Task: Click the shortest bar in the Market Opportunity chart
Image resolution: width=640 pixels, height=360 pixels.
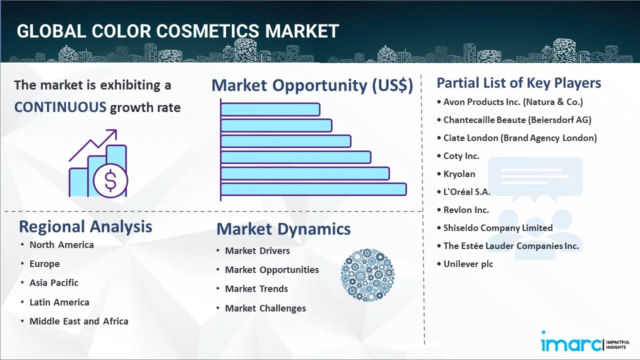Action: [270, 109]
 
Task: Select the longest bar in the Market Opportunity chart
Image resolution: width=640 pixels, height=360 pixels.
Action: [313, 189]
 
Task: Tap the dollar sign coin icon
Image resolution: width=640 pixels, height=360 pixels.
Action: [110, 180]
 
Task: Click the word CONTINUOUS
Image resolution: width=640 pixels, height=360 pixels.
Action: [60, 107]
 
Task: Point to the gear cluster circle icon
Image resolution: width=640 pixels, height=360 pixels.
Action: [367, 275]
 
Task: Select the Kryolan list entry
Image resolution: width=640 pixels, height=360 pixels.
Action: [459, 173]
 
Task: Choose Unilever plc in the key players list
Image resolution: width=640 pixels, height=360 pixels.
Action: [468, 263]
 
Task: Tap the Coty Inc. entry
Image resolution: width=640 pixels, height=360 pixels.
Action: [461, 156]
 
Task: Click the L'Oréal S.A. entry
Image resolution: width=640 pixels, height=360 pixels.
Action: [466, 191]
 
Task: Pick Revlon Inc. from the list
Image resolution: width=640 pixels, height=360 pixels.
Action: [466, 210]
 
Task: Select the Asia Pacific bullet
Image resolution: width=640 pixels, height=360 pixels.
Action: [54, 283]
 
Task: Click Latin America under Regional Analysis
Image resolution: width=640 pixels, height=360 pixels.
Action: [59, 302]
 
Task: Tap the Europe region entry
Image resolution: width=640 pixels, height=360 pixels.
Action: [44, 263]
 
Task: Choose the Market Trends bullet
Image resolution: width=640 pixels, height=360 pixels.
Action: [256, 289]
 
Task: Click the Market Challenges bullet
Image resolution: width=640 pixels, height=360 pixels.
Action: [265, 308]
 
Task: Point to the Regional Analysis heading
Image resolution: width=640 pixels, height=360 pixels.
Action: [85, 226]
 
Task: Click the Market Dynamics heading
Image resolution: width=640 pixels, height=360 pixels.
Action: [283, 229]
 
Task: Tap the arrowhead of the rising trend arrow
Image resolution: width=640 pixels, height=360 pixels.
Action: [113, 133]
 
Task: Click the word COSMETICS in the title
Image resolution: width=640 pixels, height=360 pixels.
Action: [207, 31]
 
